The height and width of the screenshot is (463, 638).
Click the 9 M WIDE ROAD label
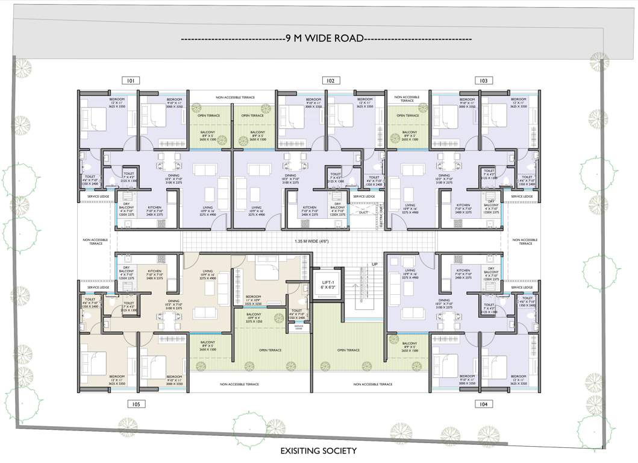coord(326,39)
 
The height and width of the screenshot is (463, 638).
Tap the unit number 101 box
coord(130,80)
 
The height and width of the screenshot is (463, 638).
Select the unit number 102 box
coord(330,80)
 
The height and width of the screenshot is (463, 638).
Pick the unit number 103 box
coord(483,80)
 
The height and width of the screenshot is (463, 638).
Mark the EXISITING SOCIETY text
coord(319,451)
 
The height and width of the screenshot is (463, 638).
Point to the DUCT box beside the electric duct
coord(363,212)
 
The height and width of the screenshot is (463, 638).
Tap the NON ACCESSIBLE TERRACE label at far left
coord(96,241)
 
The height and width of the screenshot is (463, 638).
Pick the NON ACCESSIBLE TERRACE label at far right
coord(525,241)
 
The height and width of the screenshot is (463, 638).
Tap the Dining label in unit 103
coord(444,178)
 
